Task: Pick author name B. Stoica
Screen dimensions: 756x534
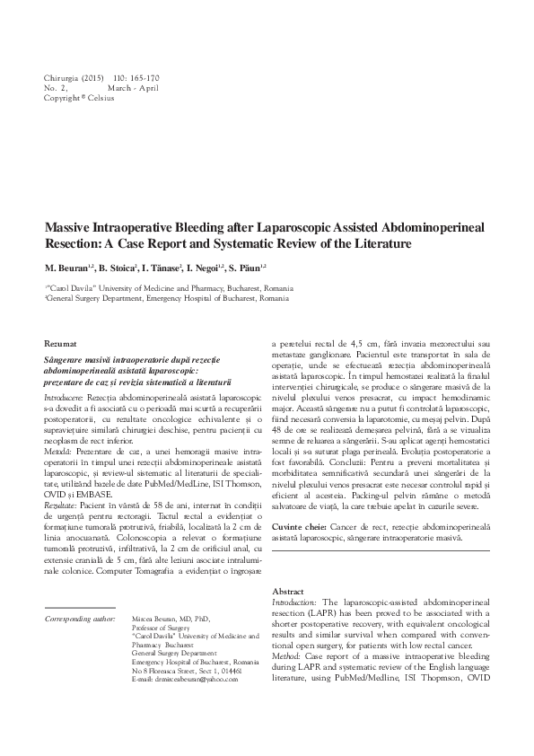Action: tap(114, 268)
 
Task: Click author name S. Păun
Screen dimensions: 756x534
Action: tap(248, 268)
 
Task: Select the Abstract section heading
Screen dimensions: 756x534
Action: tap(288, 593)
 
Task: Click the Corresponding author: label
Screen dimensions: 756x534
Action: tap(80, 620)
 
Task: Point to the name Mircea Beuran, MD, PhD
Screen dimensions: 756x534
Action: tap(168, 620)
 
